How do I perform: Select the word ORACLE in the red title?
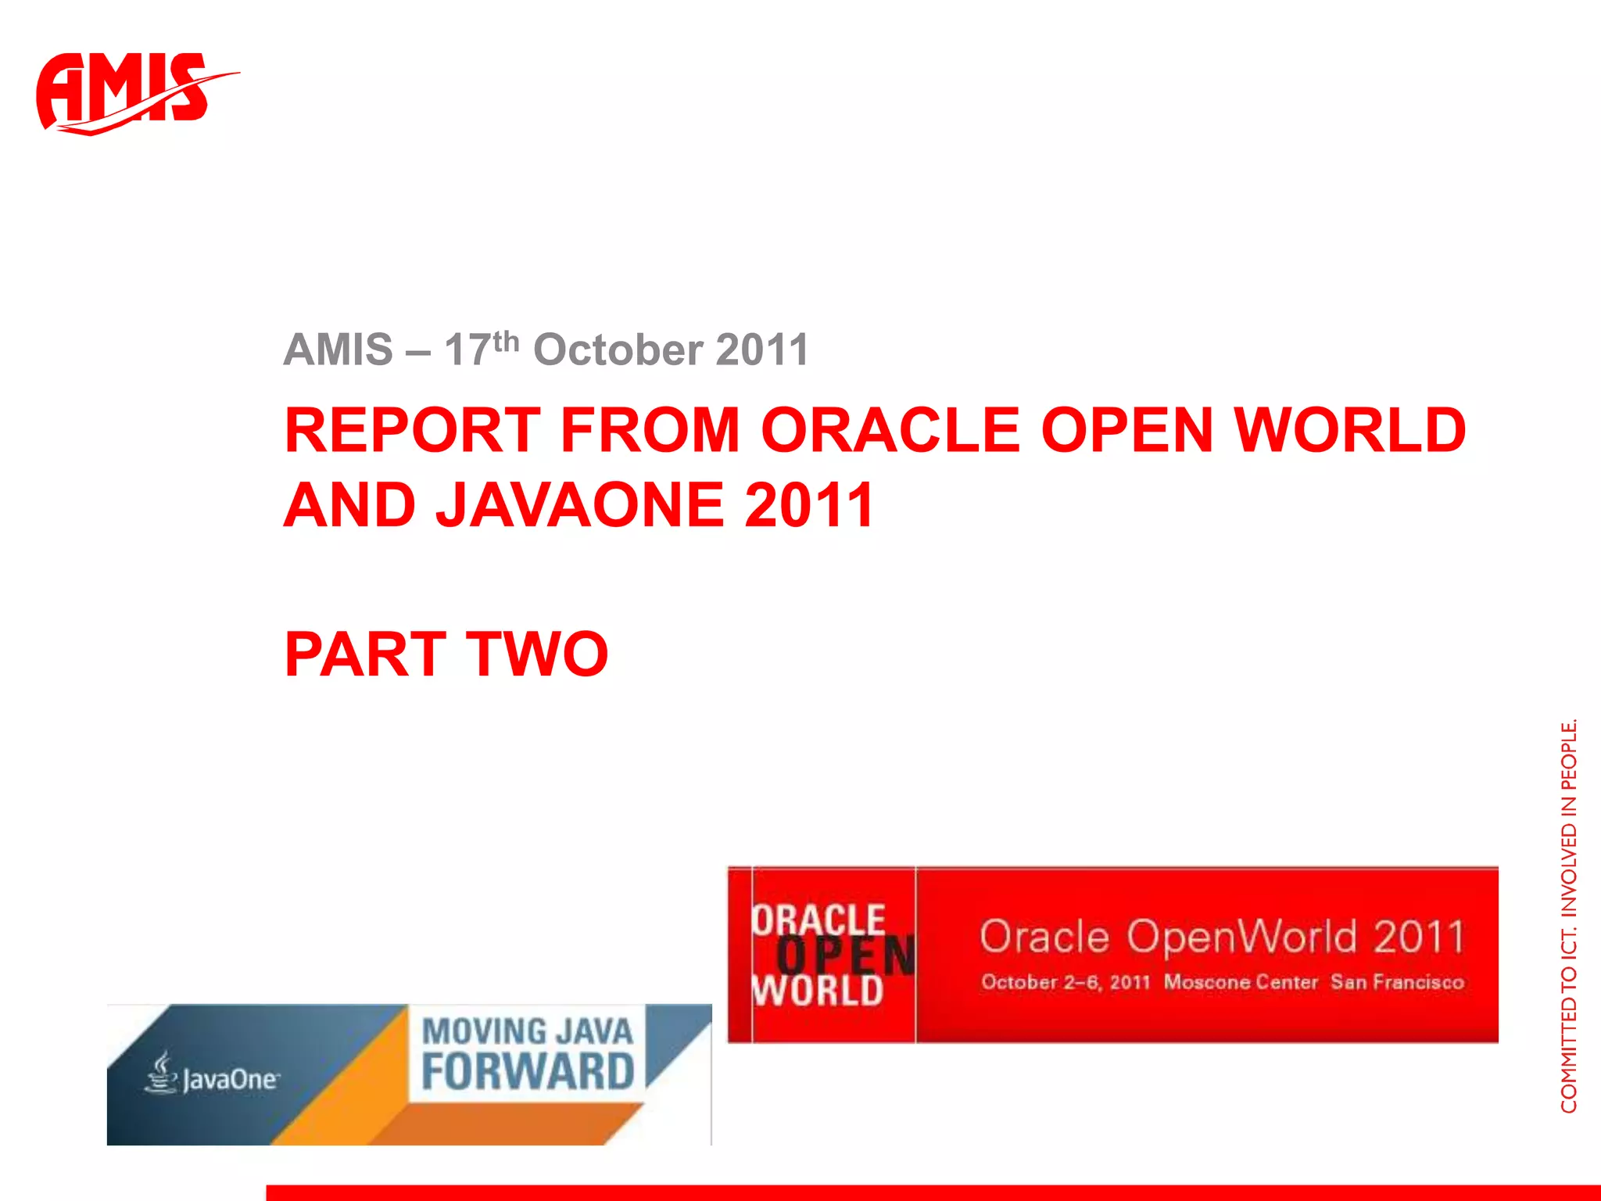(x=890, y=430)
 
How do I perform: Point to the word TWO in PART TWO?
(x=537, y=654)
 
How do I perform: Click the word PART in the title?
(x=365, y=654)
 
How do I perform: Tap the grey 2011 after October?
(x=762, y=350)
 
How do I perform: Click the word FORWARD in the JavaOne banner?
(x=528, y=1072)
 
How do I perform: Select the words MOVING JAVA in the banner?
(x=528, y=1031)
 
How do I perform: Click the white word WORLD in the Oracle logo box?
(x=818, y=991)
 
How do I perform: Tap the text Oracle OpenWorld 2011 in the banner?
(x=1222, y=937)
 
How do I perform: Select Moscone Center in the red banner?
(x=1241, y=982)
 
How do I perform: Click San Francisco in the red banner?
(x=1397, y=982)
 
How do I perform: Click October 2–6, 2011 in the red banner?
(x=1066, y=982)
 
